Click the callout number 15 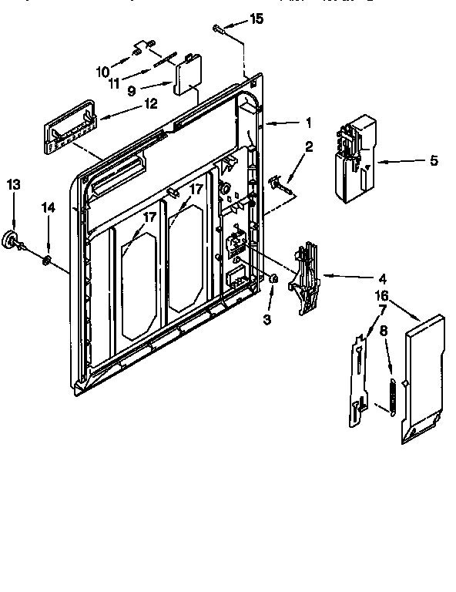click(257, 18)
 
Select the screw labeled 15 click(220, 29)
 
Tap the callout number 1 click(308, 122)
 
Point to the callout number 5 click(433, 160)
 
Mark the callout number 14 click(49, 207)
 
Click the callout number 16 click(380, 296)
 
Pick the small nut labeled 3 click(274, 278)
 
